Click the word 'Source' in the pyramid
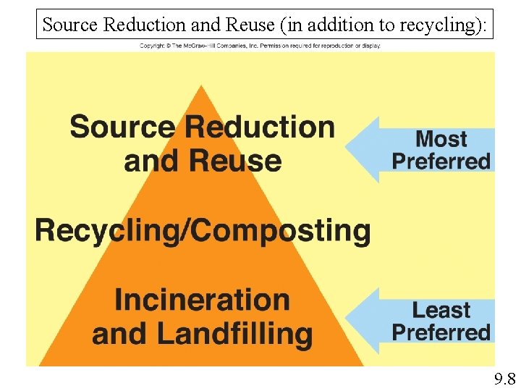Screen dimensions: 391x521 (x=122, y=127)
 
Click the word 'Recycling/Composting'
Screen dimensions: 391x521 (x=203, y=231)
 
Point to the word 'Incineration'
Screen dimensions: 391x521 (x=202, y=299)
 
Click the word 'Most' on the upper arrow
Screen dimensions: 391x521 (x=441, y=138)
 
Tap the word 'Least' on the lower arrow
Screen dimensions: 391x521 (x=441, y=310)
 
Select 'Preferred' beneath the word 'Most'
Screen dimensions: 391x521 (x=441, y=161)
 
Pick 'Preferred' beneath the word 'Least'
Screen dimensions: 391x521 (x=441, y=332)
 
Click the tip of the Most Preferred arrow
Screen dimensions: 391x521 (x=347, y=149)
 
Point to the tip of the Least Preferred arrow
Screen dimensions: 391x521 (x=347, y=321)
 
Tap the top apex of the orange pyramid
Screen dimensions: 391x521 (x=201, y=87)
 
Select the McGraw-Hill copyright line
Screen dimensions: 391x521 (x=260, y=46)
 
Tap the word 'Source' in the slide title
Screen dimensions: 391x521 (x=70, y=25)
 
